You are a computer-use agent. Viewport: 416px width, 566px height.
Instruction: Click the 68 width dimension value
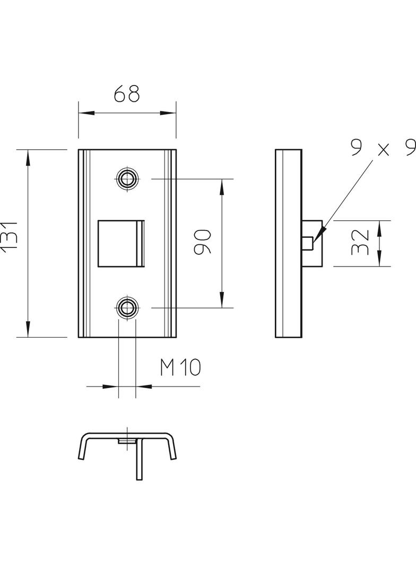(127, 93)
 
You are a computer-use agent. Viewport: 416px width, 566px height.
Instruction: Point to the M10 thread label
(180, 367)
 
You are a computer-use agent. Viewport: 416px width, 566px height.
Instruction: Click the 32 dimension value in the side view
(360, 243)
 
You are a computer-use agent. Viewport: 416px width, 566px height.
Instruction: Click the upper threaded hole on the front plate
(127, 178)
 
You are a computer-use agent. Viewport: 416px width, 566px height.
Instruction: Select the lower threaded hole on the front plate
(127, 307)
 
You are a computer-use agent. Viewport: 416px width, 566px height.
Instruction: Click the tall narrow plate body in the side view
(288, 243)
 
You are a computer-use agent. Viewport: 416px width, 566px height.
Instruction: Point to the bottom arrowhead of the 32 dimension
(379, 262)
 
